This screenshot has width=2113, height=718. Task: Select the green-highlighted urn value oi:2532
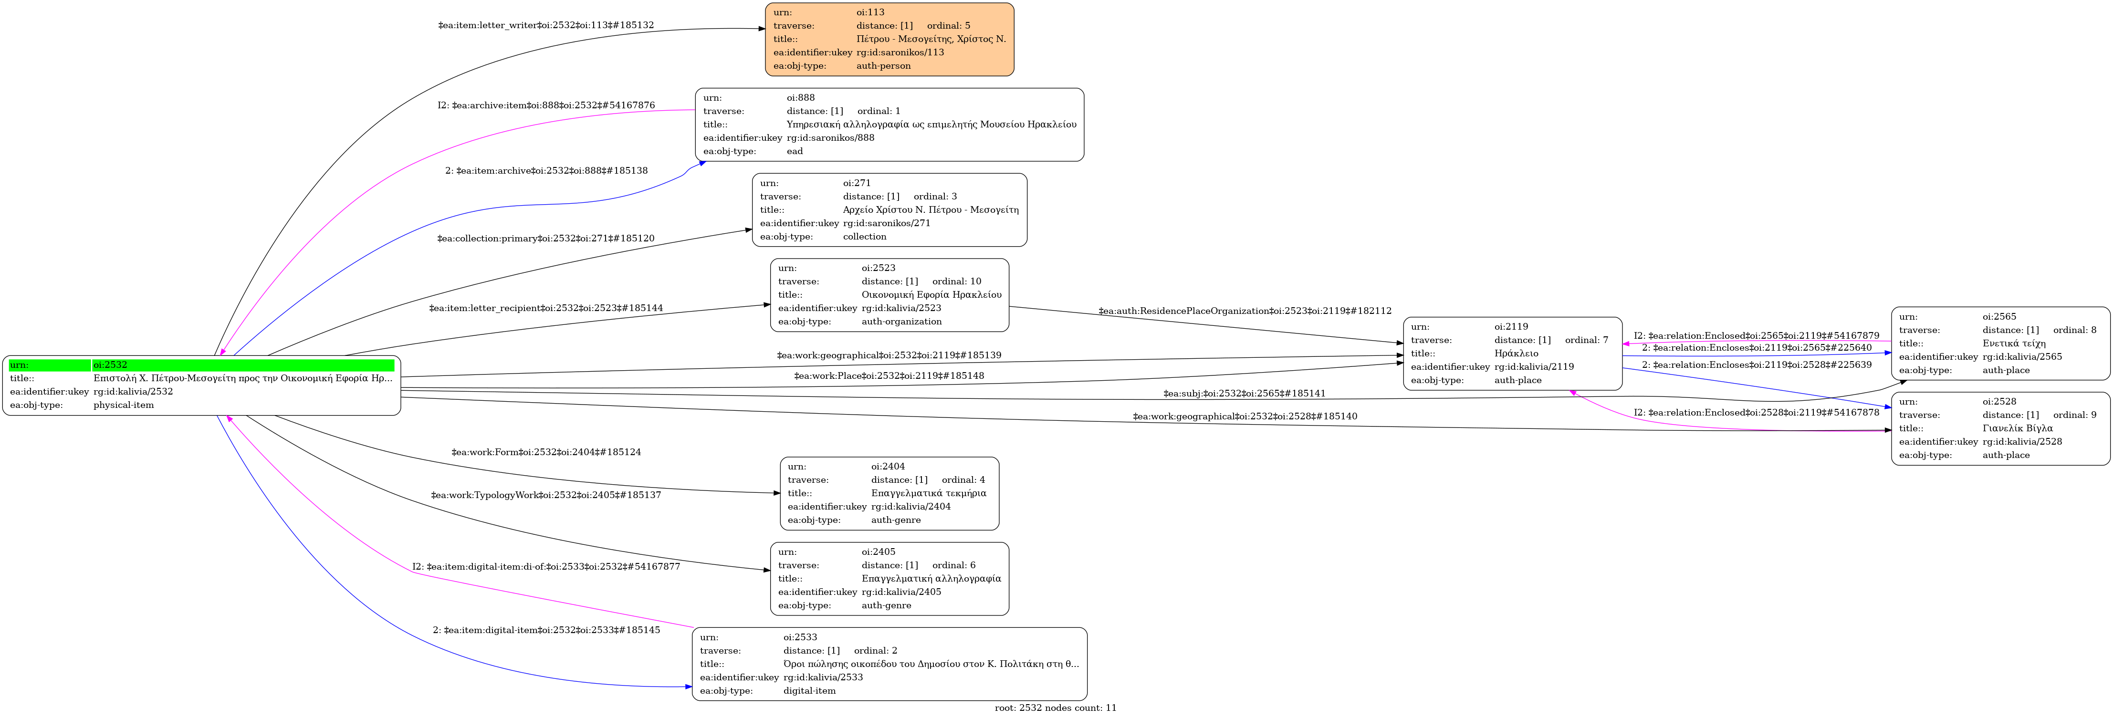pos(110,365)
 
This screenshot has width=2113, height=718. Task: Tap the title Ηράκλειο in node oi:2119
pos(1516,353)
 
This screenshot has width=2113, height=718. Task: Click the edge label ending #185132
pos(546,25)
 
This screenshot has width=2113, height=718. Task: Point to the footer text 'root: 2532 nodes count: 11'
pos(1056,708)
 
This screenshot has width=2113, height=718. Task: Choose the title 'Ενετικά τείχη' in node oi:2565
pos(2014,343)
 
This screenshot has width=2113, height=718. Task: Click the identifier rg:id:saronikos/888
pos(830,138)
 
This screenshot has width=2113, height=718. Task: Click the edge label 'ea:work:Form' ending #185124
pos(546,452)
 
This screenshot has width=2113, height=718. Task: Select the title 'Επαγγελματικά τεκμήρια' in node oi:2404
pos(929,493)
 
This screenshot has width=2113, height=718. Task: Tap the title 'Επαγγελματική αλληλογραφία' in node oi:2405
pos(931,579)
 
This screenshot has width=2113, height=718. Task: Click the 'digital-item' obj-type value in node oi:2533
pos(810,691)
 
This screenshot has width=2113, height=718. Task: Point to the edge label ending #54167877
pos(546,566)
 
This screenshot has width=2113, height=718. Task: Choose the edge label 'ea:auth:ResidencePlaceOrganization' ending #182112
pos(1245,311)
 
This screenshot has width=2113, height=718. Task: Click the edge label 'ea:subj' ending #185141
pos(1245,394)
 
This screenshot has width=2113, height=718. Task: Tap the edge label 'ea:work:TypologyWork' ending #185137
pos(546,495)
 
